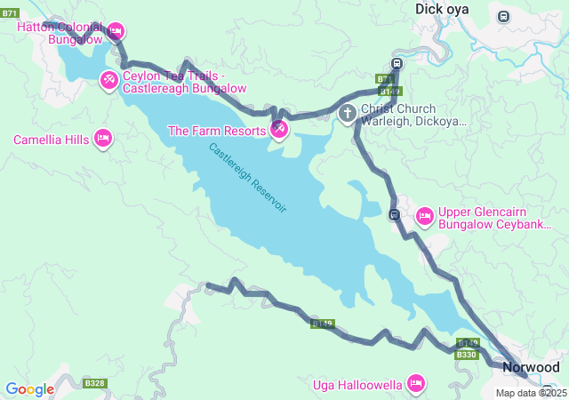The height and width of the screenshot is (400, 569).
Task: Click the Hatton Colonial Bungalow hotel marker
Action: click(116, 32)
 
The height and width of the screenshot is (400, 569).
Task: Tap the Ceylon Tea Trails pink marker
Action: click(108, 81)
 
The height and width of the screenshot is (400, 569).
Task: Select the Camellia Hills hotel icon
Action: click(102, 139)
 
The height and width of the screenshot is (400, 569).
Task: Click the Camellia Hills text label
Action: click(50, 140)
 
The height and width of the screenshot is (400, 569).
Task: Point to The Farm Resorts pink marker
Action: click(278, 131)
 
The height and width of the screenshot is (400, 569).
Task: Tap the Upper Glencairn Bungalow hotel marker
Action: click(424, 215)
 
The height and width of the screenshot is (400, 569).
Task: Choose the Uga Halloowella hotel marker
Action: click(414, 384)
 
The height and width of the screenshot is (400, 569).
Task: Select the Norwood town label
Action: click(531, 367)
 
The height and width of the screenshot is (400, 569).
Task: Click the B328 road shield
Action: click(94, 383)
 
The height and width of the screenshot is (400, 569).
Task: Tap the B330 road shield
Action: click(467, 355)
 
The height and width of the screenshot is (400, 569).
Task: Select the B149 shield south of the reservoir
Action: click(323, 324)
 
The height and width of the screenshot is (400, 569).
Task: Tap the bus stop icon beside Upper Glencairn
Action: click(394, 214)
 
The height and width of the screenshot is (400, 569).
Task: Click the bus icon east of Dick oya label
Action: click(504, 16)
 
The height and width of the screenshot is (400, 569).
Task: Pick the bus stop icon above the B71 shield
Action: click(397, 64)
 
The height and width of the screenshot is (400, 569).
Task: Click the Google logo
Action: click(29, 388)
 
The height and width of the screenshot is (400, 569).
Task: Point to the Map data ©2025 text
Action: click(531, 393)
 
